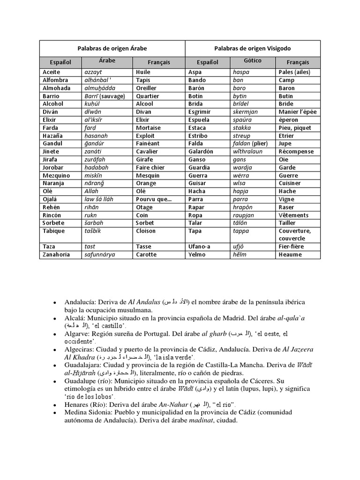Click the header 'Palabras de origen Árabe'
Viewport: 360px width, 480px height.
112,48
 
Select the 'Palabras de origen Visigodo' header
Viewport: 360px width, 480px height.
253,48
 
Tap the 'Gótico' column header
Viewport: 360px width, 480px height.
253,61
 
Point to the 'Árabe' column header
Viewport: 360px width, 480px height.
107,61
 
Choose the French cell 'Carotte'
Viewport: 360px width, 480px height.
147,255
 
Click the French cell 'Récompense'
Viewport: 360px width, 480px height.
296,151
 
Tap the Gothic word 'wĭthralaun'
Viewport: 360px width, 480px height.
247,151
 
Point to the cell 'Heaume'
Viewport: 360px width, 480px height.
290,255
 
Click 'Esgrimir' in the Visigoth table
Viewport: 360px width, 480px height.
199,112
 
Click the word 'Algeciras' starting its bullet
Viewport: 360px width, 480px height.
79,349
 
